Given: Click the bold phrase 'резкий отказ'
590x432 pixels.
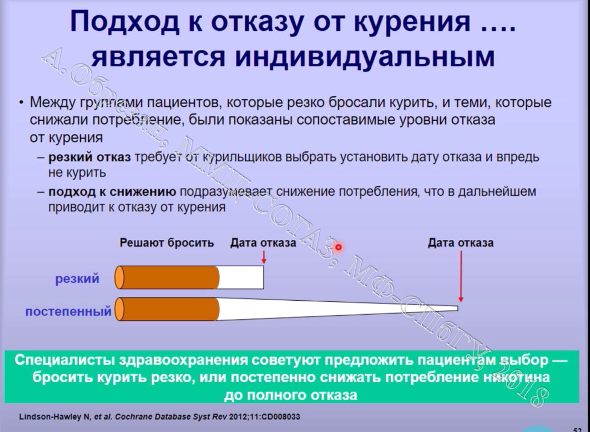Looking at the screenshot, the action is (x=89, y=158).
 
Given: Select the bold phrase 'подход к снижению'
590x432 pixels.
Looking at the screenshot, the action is (x=112, y=192).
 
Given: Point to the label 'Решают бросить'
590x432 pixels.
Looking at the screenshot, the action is (x=167, y=243).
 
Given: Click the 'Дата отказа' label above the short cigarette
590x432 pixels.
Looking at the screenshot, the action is (x=263, y=243).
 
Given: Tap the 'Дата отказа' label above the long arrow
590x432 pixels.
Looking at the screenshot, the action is (x=460, y=243).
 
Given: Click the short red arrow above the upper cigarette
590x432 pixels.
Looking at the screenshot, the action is (x=264, y=257).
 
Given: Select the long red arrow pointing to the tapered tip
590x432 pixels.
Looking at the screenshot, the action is (x=460, y=276).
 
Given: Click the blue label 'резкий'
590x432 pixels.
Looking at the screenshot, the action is (x=77, y=278).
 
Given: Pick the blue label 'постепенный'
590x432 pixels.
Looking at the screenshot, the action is (x=69, y=311).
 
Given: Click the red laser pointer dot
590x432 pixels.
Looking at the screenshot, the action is (x=339, y=247).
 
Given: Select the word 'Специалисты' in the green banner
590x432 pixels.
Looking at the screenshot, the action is (x=64, y=360).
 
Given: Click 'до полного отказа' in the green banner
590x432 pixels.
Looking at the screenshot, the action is (x=290, y=395).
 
